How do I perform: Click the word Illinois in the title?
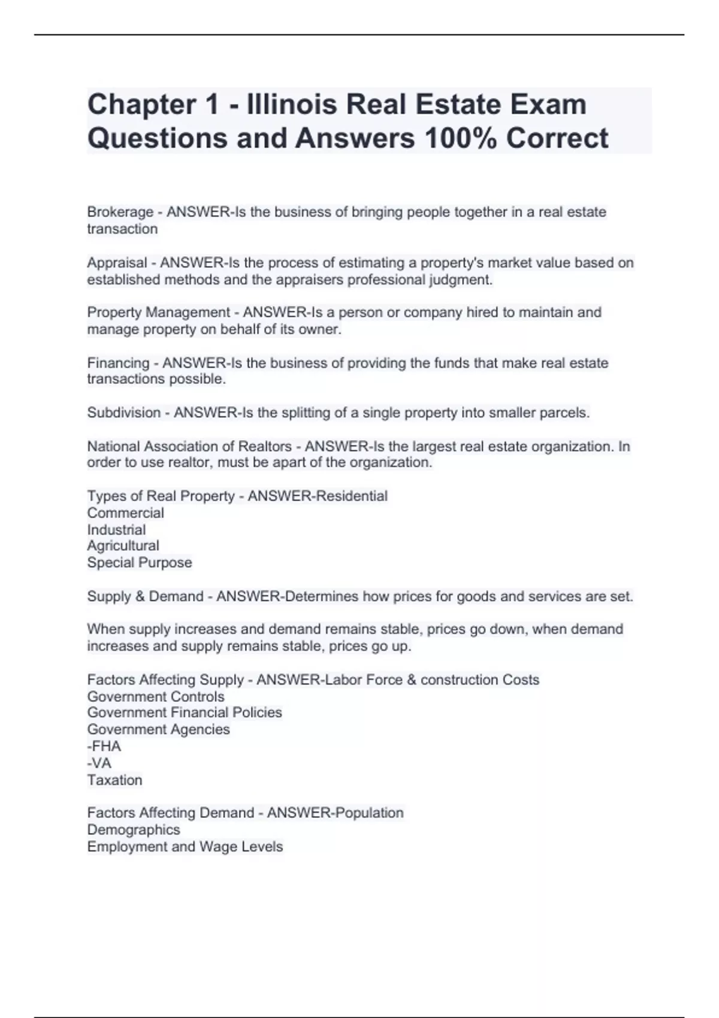288,105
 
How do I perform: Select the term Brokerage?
120,212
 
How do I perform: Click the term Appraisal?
117,263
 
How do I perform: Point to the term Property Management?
158,313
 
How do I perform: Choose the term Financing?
118,363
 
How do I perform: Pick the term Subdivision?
123,413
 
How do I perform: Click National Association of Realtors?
189,446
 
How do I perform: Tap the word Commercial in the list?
125,513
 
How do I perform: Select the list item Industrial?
116,530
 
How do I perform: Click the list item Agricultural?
123,546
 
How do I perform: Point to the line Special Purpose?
139,562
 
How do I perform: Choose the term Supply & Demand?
145,596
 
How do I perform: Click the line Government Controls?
155,696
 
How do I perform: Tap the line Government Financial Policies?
184,713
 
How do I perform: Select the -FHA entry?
104,746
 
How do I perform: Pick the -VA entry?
99,763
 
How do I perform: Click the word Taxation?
114,780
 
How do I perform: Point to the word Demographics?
133,830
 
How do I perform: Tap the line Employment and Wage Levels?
185,847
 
